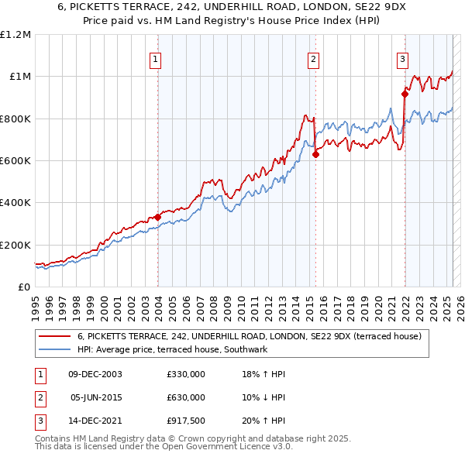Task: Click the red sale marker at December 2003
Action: point(157,218)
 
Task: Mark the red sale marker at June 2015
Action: point(315,154)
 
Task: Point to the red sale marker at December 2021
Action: point(405,94)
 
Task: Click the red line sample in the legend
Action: point(54,336)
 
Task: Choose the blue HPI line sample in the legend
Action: point(54,350)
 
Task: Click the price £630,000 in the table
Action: point(186,397)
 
